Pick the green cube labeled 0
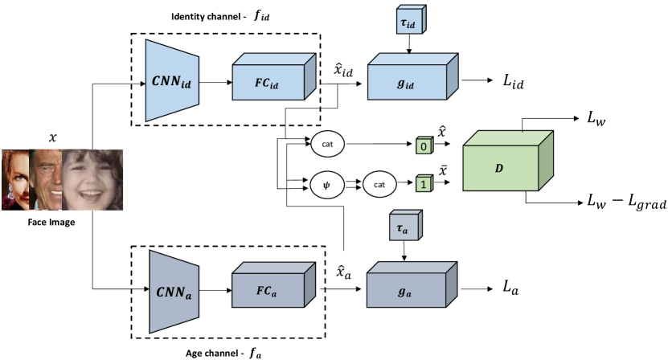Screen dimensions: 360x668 (422, 147)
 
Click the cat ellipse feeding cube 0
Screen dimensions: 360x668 (327, 145)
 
